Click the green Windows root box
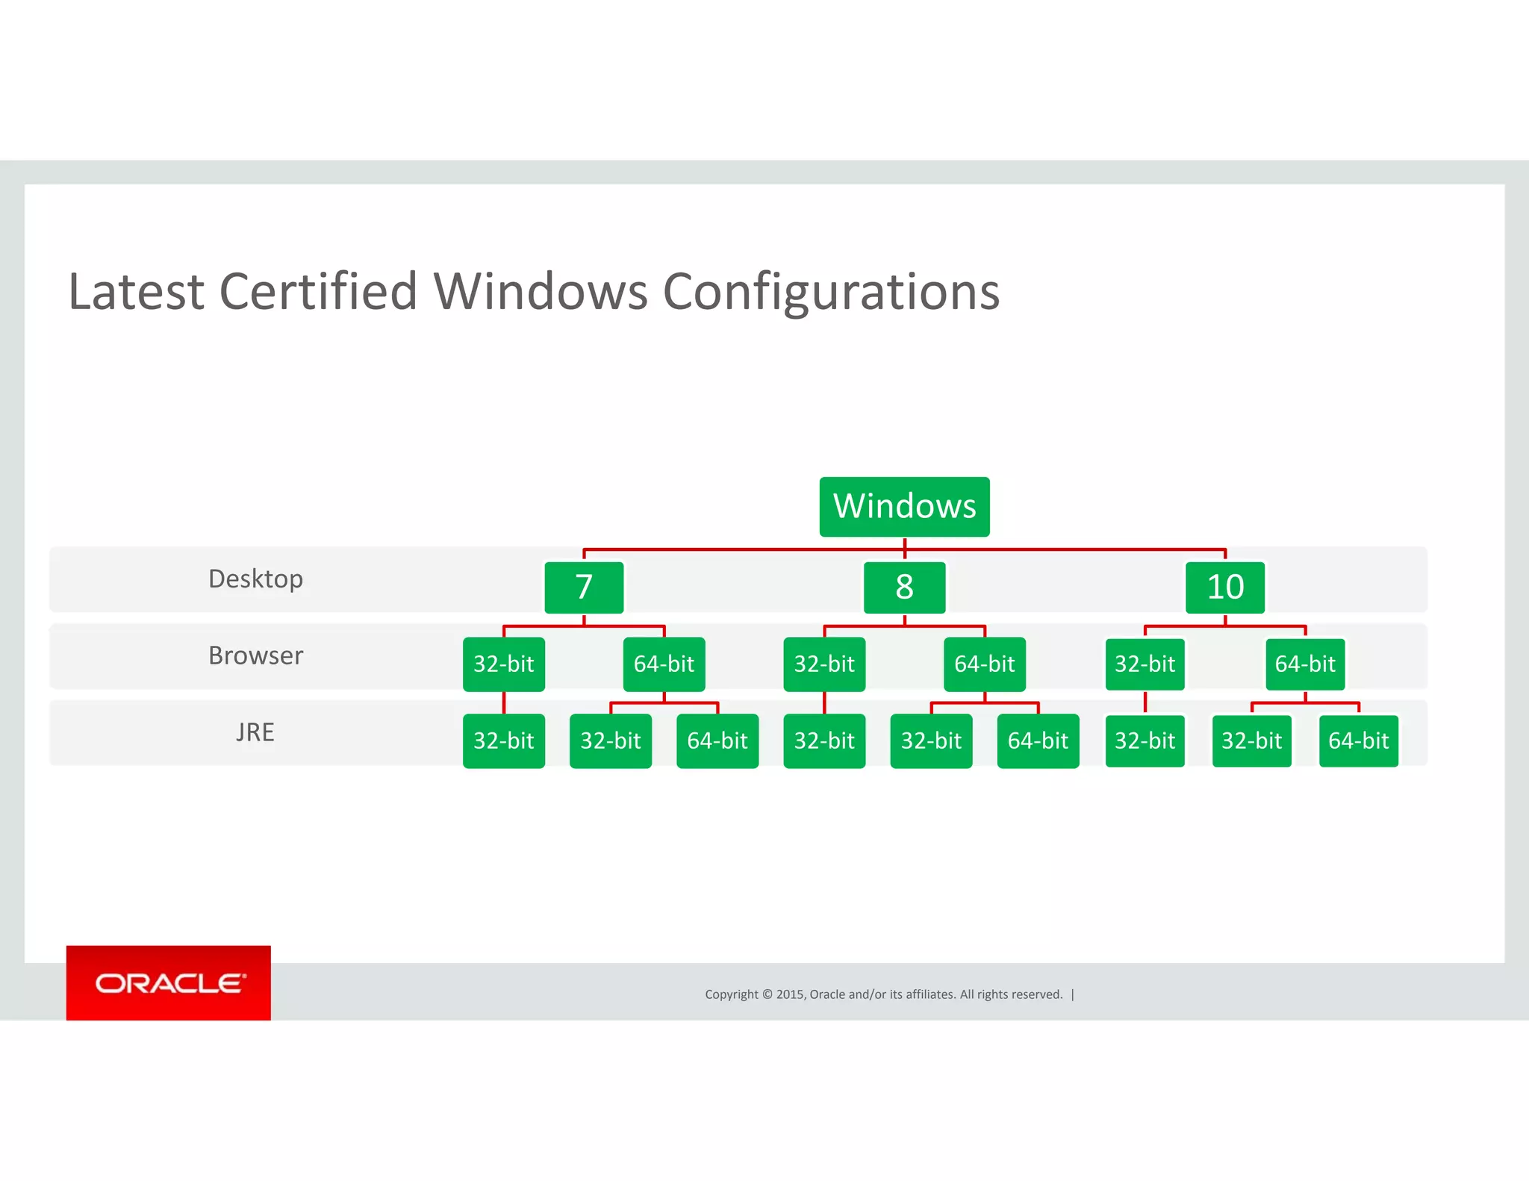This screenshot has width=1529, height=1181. (904, 506)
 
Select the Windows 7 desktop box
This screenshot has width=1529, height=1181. (584, 588)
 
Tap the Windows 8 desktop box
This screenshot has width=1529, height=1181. (904, 588)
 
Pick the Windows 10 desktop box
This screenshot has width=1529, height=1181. (1225, 588)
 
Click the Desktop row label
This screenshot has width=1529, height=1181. (255, 579)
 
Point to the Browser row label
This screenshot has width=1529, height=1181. (255, 655)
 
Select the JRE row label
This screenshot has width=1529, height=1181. (255, 732)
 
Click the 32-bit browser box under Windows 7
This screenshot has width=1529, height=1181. (504, 664)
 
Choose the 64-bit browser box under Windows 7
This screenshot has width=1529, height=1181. (664, 664)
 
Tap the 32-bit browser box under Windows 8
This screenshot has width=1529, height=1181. (824, 664)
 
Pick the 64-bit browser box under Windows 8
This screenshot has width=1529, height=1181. (985, 664)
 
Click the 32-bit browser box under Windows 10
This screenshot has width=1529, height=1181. (1145, 664)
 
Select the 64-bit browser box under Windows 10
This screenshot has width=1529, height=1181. (1305, 664)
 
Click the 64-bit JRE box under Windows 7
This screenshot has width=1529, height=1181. (717, 741)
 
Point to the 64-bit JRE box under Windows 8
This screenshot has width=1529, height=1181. (1038, 741)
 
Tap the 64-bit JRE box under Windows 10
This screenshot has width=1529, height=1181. (1359, 741)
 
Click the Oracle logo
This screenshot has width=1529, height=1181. (169, 983)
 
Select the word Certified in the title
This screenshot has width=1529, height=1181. (318, 291)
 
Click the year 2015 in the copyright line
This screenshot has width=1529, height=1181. (791, 994)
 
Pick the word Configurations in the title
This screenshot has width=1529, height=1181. (831, 291)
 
